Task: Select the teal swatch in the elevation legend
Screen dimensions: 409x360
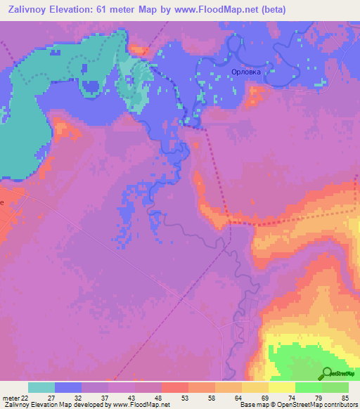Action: tap(41, 387)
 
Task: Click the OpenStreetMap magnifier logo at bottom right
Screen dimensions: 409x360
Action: tap(328, 373)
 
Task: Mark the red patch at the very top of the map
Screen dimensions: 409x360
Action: tap(139, 48)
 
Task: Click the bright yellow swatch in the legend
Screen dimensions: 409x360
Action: tap(282, 387)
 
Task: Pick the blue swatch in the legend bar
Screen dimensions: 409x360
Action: tap(68, 387)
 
